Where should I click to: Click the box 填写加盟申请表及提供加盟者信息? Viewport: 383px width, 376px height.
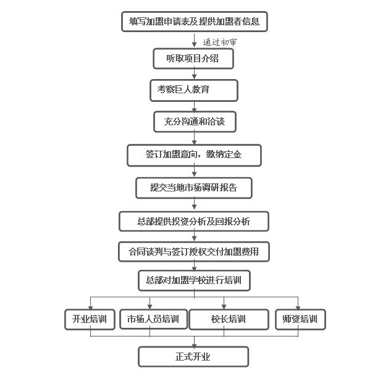coord(195,22)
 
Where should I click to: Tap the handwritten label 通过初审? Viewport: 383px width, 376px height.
coord(219,42)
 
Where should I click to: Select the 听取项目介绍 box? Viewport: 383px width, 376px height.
coord(193,59)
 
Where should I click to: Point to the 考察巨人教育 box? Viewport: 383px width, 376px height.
coord(194,90)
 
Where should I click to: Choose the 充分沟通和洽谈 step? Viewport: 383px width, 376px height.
coord(195,122)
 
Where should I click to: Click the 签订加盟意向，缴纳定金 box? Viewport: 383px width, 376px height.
coord(194,156)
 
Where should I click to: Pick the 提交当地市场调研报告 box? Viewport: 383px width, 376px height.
coord(194,188)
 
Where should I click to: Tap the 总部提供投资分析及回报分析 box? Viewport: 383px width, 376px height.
coord(194,221)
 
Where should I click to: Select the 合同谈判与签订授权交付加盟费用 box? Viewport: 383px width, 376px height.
coord(194,251)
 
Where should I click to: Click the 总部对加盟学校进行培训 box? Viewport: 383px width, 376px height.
coord(194,280)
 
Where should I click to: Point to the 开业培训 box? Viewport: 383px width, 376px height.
coord(90,319)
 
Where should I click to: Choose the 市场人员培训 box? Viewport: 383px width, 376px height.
coord(153,319)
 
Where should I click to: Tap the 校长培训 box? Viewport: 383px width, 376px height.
coord(229,319)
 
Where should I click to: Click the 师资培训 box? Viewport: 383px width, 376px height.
coord(300,319)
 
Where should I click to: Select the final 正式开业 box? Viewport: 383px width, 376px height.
coord(193,357)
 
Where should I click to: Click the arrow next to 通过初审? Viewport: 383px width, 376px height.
coord(194,40)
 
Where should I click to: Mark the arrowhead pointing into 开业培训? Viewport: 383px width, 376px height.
coord(91,307)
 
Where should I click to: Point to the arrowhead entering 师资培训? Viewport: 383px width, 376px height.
coord(298,307)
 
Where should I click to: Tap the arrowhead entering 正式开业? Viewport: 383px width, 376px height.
coord(194,345)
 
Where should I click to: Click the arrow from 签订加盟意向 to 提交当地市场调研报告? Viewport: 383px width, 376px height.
coord(194,171)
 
